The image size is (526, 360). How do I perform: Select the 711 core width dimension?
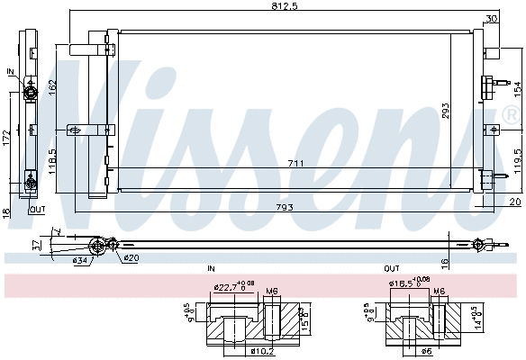(295, 163)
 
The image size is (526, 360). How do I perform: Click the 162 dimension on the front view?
(53, 86)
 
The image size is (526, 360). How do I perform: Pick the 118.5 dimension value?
(53, 162)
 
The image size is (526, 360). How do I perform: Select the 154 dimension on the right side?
(517, 88)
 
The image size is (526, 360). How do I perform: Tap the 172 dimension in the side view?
(7, 140)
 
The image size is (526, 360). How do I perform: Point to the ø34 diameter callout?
(81, 261)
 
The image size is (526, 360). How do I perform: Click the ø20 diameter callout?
(131, 259)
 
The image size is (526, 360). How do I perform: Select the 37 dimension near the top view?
(36, 244)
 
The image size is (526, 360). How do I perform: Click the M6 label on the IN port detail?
(272, 290)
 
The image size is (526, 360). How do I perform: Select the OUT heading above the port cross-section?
(392, 269)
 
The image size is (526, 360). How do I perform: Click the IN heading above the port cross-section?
(211, 269)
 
